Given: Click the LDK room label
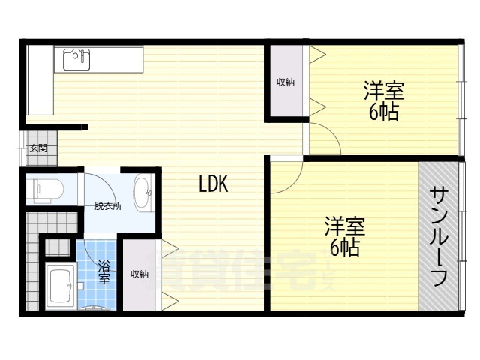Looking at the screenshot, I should (x=214, y=184).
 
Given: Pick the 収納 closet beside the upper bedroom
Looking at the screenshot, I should (x=286, y=82).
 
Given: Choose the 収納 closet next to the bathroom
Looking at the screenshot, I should (x=139, y=274).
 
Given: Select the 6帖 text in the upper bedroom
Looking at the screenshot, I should (x=383, y=112).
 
